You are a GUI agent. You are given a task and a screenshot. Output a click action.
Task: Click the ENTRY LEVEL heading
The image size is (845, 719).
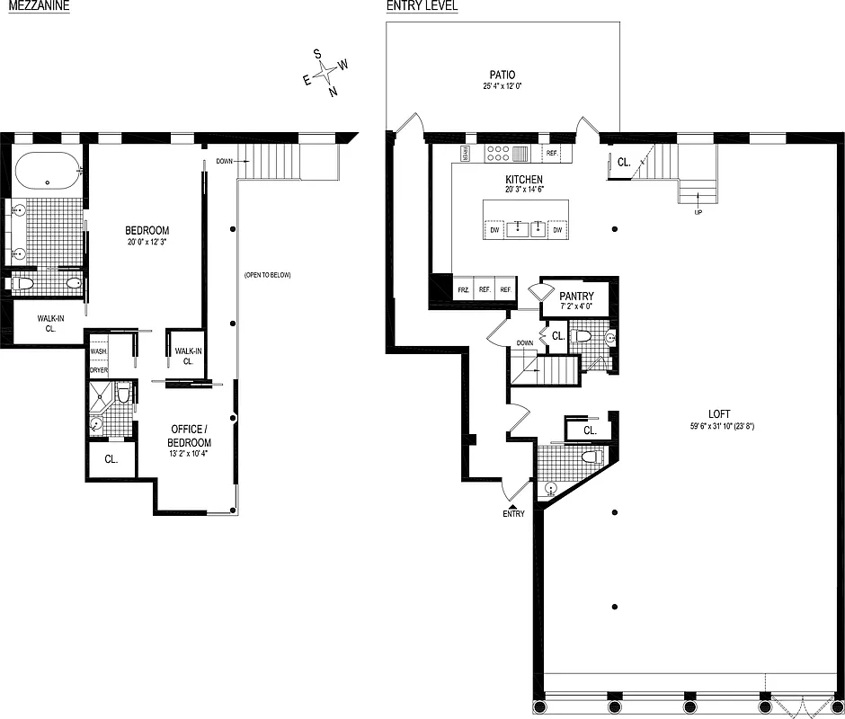click(422, 6)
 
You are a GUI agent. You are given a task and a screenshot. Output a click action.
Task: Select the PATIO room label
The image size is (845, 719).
click(503, 75)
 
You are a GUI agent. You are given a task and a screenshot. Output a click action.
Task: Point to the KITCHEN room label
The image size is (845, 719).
click(524, 179)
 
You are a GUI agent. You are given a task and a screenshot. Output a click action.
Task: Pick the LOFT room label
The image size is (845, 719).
click(718, 414)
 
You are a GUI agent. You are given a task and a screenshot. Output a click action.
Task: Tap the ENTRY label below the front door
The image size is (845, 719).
click(513, 513)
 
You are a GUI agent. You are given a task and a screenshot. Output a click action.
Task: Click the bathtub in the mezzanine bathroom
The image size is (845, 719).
click(46, 169)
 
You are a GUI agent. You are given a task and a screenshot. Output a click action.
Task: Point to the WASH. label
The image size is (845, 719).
click(98, 351)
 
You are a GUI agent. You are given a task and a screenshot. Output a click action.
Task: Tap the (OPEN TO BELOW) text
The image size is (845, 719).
click(267, 275)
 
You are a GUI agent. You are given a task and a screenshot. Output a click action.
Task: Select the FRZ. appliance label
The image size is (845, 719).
click(463, 289)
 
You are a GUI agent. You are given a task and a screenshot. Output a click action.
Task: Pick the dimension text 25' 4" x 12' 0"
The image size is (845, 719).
click(503, 87)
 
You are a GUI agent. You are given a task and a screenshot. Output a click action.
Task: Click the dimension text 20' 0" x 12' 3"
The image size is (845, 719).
click(147, 242)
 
